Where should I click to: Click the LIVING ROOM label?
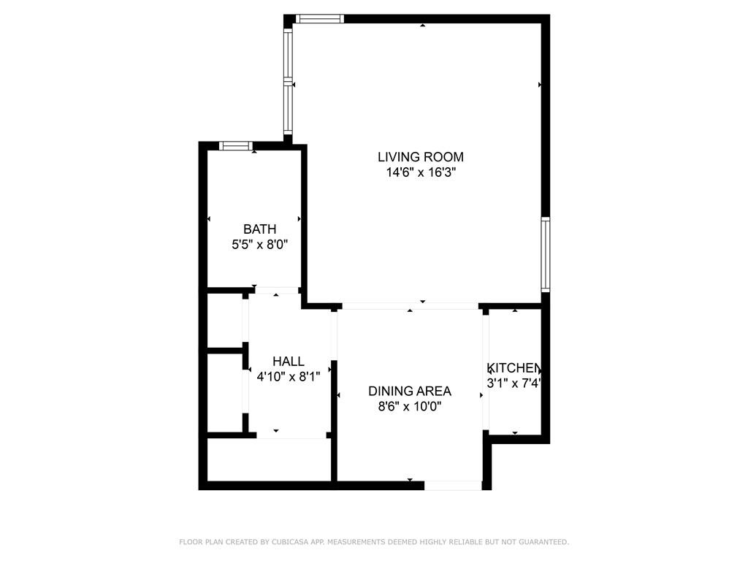(x=420, y=157)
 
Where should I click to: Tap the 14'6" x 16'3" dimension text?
(x=421, y=172)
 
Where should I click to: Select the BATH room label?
(x=259, y=229)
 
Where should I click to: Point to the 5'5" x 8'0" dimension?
(x=259, y=245)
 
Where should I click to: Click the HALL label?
(x=288, y=361)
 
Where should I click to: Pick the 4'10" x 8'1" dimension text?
(x=288, y=376)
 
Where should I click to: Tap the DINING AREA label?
(x=410, y=392)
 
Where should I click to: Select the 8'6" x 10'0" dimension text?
(x=410, y=406)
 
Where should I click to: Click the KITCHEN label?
(x=514, y=368)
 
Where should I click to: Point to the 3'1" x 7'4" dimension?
(x=514, y=383)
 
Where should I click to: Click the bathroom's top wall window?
(x=236, y=145)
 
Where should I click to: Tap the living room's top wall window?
(x=320, y=18)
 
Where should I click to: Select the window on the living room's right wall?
(x=545, y=254)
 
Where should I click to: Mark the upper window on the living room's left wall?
(x=288, y=53)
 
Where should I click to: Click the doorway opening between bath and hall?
(x=276, y=290)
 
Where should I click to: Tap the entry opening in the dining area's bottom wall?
(x=453, y=486)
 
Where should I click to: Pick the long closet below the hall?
(x=269, y=460)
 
